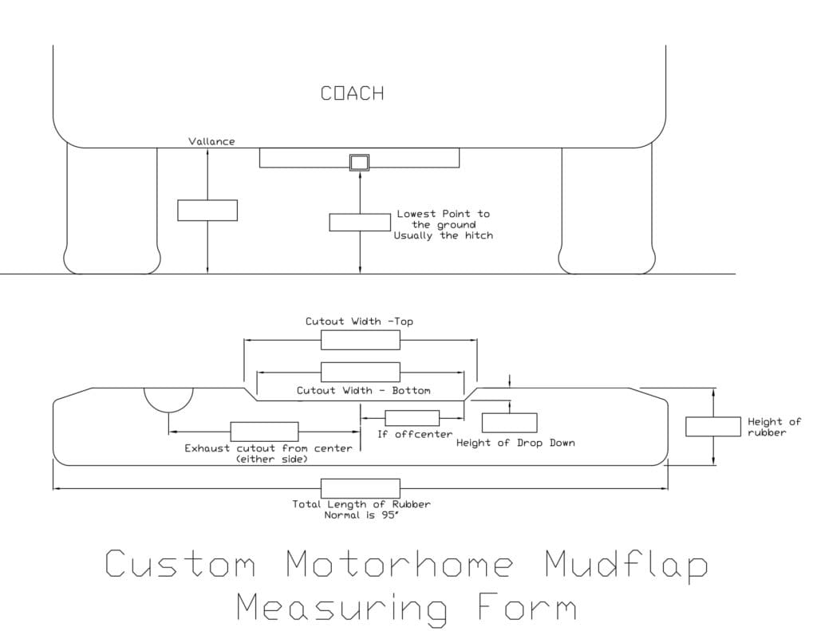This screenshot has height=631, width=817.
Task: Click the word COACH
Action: [352, 93]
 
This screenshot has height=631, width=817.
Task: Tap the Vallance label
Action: [211, 141]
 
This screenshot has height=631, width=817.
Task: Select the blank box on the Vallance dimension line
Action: [207, 210]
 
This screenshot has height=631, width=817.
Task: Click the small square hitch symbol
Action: [360, 163]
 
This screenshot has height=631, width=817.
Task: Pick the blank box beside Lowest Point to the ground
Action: [360, 223]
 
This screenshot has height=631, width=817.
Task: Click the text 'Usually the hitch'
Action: [443, 236]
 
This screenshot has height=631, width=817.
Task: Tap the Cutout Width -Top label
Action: [359, 321]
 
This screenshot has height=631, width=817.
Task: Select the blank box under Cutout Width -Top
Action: [360, 340]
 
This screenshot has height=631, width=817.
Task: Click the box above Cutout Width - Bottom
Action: [360, 372]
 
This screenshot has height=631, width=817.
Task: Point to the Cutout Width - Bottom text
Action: [363, 391]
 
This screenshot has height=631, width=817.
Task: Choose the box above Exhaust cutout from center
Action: [264, 432]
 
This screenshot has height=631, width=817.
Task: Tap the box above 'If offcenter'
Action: [412, 418]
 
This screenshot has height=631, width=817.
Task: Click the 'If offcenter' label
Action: [415, 434]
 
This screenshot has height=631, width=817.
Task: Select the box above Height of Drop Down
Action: [509, 423]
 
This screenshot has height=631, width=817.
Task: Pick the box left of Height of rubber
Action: [712, 427]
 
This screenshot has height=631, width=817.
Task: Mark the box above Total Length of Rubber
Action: [360, 488]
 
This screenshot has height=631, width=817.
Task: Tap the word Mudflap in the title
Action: [627, 565]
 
